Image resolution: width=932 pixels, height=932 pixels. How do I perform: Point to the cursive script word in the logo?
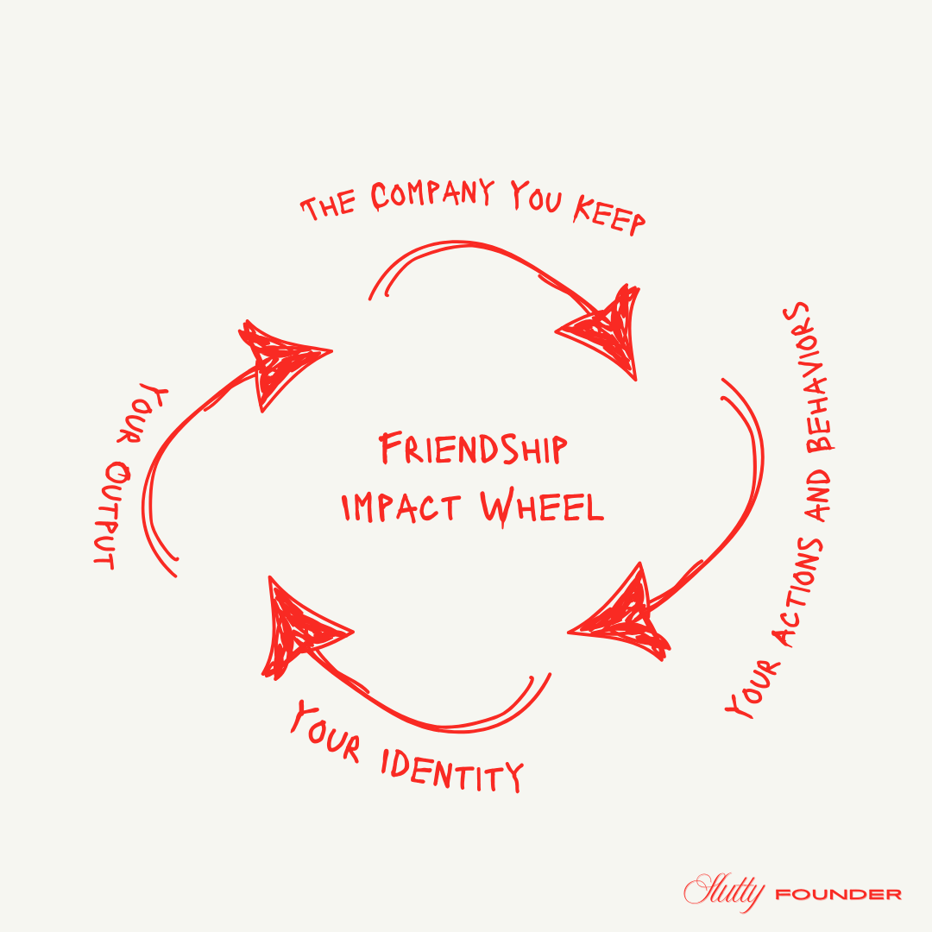click(725, 891)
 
